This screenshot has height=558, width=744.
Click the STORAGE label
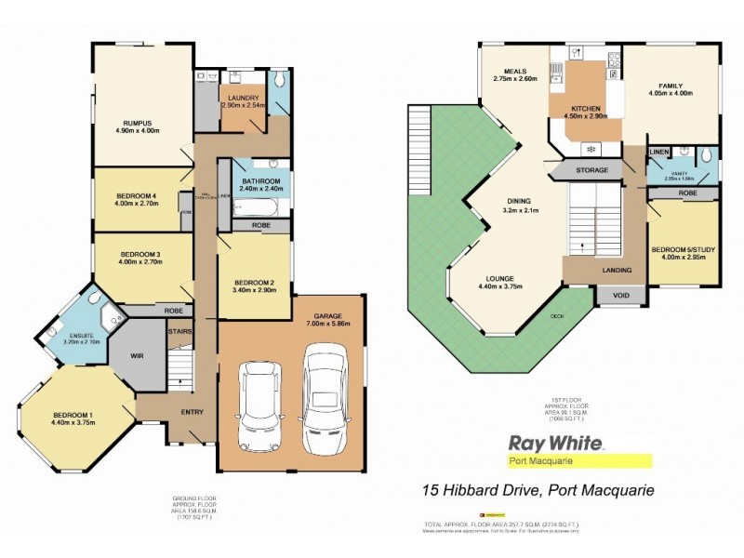click(591, 170)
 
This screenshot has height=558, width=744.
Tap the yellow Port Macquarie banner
click(578, 460)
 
